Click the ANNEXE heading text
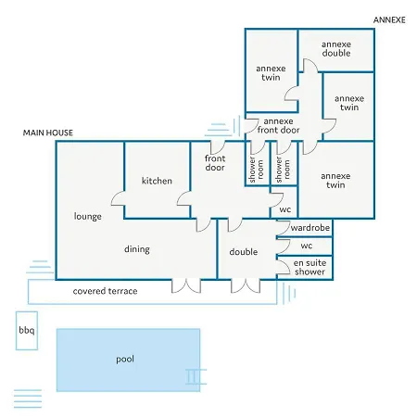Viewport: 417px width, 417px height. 389,20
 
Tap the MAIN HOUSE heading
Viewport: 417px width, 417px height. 48,133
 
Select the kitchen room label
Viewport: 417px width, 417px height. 157,181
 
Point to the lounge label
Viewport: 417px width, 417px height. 88,216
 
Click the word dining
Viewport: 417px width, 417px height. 137,249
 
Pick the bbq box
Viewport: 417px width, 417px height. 27,331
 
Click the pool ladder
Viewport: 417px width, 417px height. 196,376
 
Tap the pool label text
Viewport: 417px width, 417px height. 125,360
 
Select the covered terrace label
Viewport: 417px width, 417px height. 106,291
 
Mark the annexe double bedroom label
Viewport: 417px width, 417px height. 336,49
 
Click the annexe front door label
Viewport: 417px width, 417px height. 278,126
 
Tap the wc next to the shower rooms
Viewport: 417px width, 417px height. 285,209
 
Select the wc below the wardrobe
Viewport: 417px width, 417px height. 307,246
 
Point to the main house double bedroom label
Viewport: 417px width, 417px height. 244,252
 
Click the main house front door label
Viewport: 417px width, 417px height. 215,163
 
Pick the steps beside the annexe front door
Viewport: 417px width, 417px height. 222,127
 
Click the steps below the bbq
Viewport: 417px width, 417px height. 28,398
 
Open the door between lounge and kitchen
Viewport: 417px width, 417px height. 118,198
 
